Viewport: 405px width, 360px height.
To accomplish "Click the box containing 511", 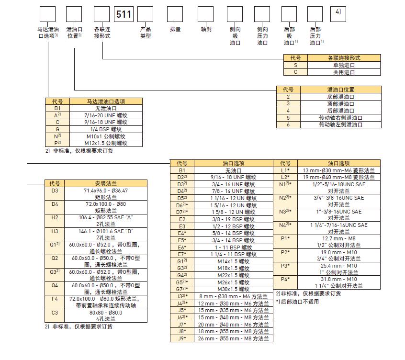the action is tap(124, 14).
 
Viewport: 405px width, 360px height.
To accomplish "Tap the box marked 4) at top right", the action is tap(338, 14).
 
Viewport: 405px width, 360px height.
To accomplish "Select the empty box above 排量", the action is tap(175, 14).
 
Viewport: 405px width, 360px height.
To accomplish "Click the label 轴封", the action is tap(206, 29).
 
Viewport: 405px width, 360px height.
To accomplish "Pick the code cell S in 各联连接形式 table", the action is tap(295, 65).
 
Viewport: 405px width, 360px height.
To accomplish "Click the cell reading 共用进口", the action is tap(344, 72).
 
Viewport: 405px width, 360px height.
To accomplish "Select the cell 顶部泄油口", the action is tap(341, 104).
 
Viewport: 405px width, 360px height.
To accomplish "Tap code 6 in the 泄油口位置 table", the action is tap(288, 124).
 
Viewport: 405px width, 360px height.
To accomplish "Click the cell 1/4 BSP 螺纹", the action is tap(106, 129).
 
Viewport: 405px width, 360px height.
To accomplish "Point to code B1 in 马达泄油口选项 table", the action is tap(57, 108).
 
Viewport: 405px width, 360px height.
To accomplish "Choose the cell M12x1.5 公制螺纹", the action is tap(106, 143).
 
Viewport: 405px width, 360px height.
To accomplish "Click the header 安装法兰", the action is tap(106, 183).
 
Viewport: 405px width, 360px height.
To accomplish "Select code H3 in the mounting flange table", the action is tap(55, 234).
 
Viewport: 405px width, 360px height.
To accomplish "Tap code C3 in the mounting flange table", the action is tap(55, 315).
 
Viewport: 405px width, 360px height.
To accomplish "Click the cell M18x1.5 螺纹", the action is tap(234, 268).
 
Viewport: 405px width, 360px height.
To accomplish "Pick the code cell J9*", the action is tap(182, 338).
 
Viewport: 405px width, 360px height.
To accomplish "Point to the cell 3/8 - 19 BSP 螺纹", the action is tap(234, 219).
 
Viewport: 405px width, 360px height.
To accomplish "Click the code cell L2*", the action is tap(285, 177).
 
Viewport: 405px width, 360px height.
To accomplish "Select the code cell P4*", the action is tap(285, 282).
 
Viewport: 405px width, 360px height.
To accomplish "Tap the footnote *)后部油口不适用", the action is tap(297, 302).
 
